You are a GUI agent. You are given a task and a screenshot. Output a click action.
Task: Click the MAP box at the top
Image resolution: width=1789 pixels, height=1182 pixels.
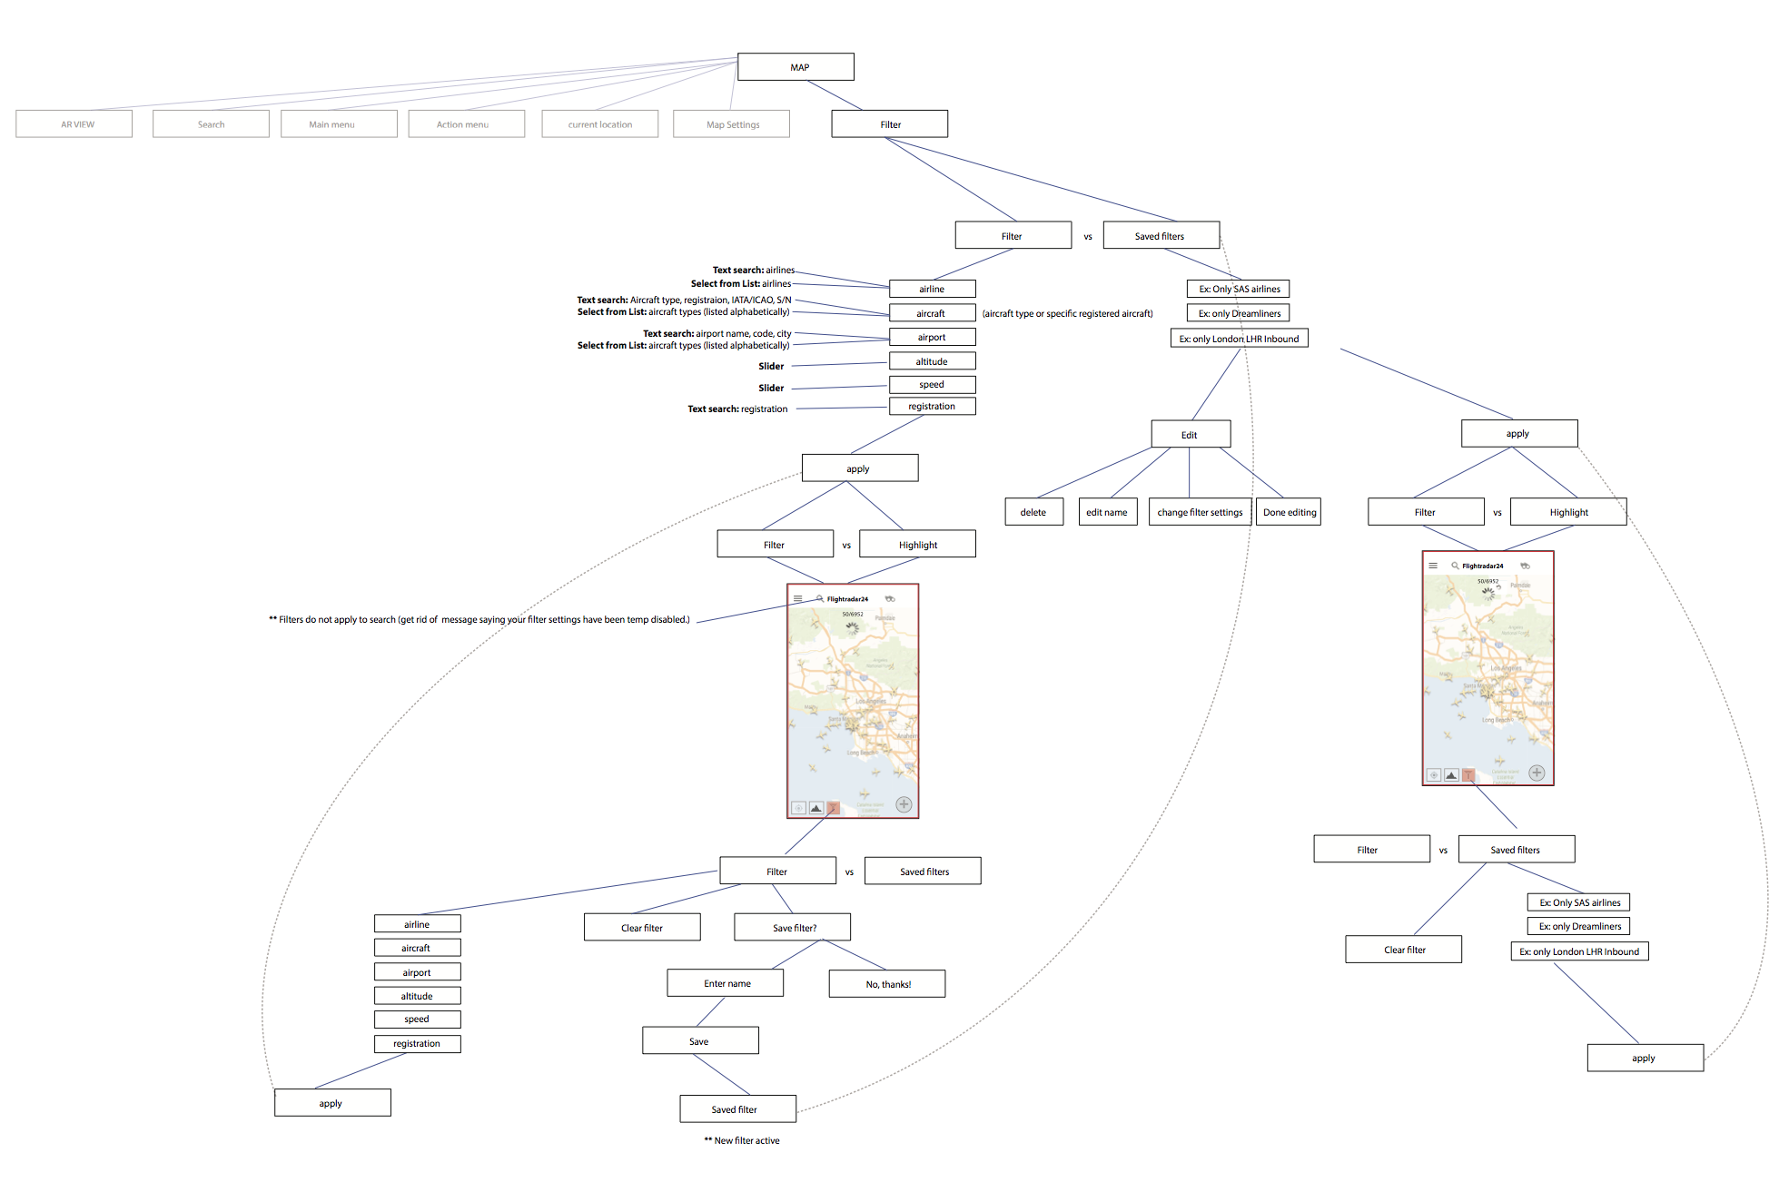point(796,67)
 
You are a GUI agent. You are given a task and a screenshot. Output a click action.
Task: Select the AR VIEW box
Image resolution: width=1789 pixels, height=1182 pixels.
point(74,124)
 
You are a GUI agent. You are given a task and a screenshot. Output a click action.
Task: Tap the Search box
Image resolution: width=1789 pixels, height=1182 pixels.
point(211,124)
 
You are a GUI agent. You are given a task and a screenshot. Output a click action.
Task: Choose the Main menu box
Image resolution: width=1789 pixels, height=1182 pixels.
point(339,124)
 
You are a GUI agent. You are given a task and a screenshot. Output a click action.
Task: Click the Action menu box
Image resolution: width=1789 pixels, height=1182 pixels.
point(466,124)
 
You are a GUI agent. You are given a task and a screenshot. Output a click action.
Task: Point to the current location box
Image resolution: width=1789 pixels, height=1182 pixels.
point(599,124)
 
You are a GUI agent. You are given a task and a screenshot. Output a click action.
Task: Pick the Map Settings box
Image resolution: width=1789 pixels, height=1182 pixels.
point(731,124)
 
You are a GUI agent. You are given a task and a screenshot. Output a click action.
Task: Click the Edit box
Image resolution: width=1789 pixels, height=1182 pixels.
point(1191,435)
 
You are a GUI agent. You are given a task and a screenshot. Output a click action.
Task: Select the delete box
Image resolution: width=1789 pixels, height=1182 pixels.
point(1033,512)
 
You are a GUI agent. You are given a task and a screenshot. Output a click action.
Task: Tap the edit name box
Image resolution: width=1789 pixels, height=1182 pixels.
point(1107,512)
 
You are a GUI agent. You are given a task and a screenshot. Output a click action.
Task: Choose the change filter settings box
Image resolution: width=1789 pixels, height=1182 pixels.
point(1200,512)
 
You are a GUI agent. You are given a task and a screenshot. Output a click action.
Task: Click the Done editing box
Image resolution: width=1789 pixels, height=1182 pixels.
point(1289,512)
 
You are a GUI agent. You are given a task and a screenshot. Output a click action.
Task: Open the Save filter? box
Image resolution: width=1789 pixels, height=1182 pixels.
point(793,928)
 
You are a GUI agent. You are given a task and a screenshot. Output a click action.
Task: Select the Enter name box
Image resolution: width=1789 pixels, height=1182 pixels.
point(725,983)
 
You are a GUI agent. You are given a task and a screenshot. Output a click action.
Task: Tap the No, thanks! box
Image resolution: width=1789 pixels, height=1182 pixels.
point(886,984)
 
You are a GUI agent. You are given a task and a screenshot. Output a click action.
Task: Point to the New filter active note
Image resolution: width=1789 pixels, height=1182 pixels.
point(742,1141)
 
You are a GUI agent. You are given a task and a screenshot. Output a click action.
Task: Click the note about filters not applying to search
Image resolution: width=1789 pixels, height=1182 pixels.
point(479,620)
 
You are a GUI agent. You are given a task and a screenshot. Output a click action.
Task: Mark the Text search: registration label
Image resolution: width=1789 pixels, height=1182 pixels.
point(737,409)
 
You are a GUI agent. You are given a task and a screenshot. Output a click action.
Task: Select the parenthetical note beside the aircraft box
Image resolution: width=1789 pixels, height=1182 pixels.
point(1067,314)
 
